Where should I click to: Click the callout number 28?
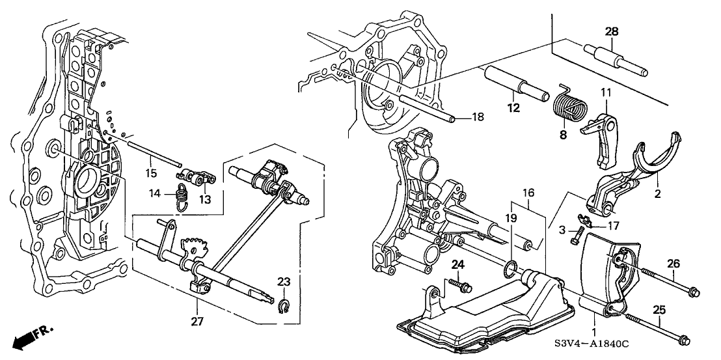[612, 32]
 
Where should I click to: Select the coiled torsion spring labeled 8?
[569, 105]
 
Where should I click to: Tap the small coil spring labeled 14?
[183, 197]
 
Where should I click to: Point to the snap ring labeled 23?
[284, 305]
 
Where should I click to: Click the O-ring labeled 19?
[511, 270]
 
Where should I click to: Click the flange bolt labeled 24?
[461, 285]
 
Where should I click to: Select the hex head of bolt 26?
[694, 292]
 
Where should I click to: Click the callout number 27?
[197, 322]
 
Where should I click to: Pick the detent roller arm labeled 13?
[196, 178]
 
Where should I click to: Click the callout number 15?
[151, 173]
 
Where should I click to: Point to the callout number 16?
[528, 193]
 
